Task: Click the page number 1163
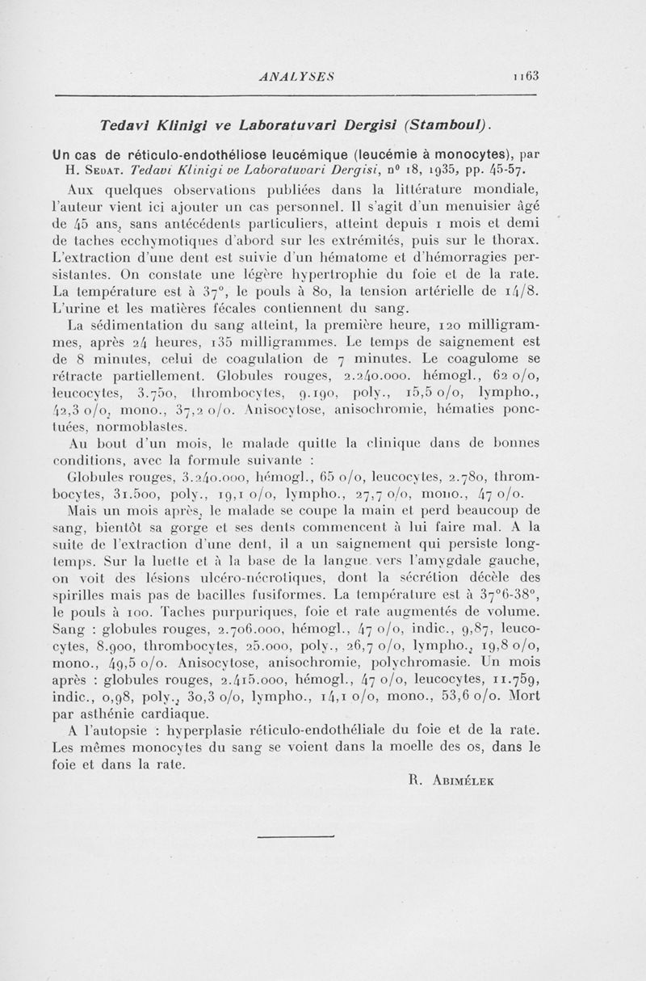pyautogui.click(x=524, y=76)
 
